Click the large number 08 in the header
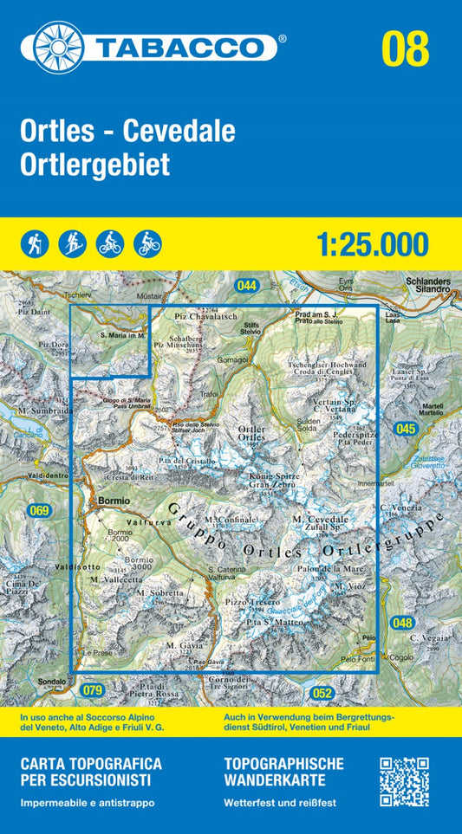pyautogui.click(x=405, y=48)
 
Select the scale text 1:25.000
pyautogui.click(x=373, y=245)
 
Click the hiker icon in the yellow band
pyautogui.click(x=36, y=244)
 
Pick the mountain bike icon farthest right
pyautogui.click(x=147, y=244)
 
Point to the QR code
pyautogui.click(x=404, y=782)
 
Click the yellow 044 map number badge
pyautogui.click(x=246, y=285)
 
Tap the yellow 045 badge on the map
pyautogui.click(x=405, y=428)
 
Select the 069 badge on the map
pyautogui.click(x=39, y=511)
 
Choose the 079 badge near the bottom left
pyautogui.click(x=93, y=690)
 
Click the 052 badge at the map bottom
pyautogui.click(x=322, y=692)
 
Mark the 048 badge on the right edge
pyautogui.click(x=402, y=622)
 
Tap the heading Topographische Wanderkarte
pyautogui.click(x=283, y=772)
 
